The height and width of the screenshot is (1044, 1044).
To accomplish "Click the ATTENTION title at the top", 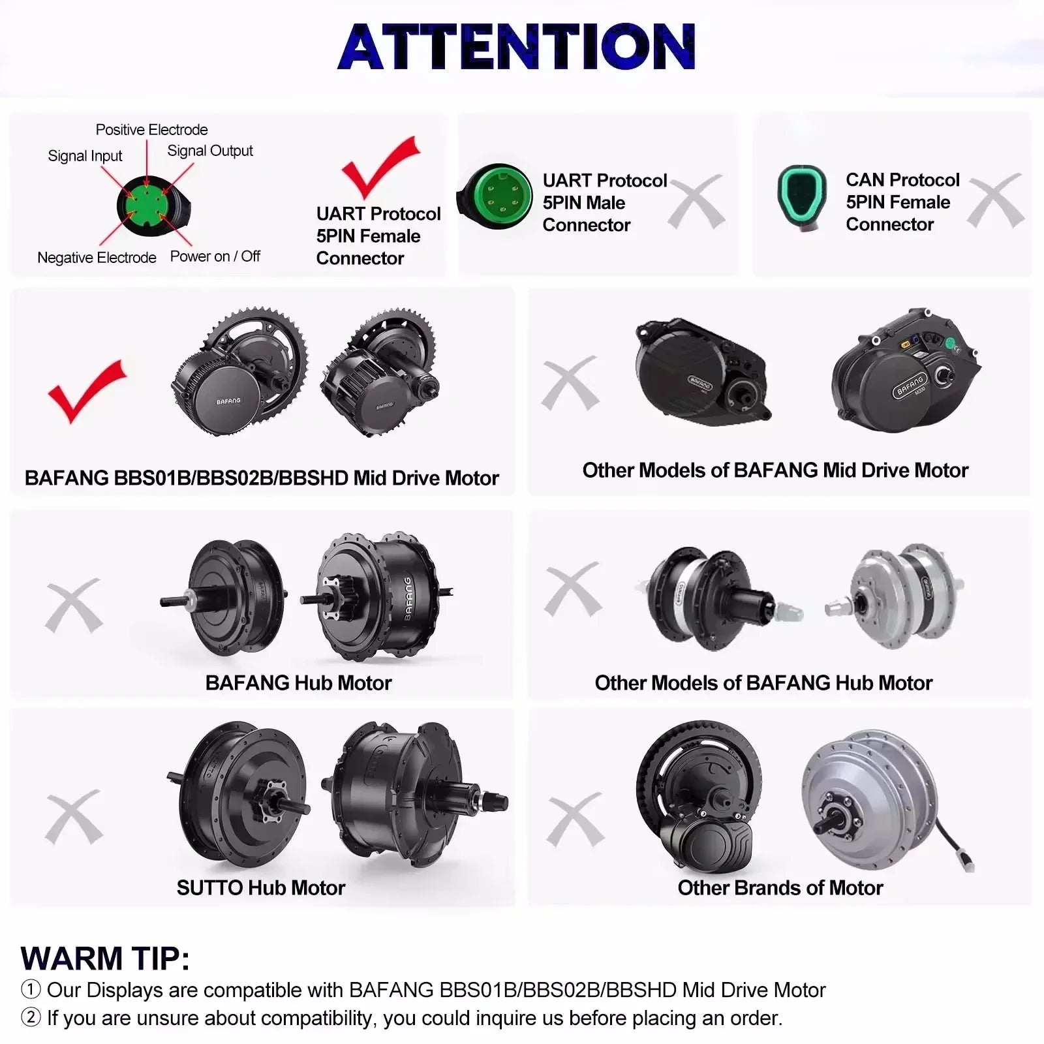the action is tap(517, 46).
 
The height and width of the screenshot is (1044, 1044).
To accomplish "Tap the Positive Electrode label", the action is tap(151, 130).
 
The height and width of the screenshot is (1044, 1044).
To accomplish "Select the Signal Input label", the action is tap(85, 156).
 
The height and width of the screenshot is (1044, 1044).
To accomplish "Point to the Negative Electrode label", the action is tap(97, 258).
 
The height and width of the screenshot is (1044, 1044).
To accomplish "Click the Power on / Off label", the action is tap(215, 256).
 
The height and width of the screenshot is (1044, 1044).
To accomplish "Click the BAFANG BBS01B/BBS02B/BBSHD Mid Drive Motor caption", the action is tap(262, 478).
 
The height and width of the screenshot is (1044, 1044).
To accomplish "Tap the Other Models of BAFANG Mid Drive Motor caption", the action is tap(775, 470).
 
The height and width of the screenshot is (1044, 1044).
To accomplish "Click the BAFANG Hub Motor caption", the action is tap(298, 683).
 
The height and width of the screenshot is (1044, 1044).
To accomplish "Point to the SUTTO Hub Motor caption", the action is tap(260, 888).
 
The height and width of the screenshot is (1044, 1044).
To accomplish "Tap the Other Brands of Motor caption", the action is tap(780, 888).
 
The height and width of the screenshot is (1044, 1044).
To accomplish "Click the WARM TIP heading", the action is tap(105, 959).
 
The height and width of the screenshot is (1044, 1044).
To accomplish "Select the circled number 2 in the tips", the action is tap(31, 1018).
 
